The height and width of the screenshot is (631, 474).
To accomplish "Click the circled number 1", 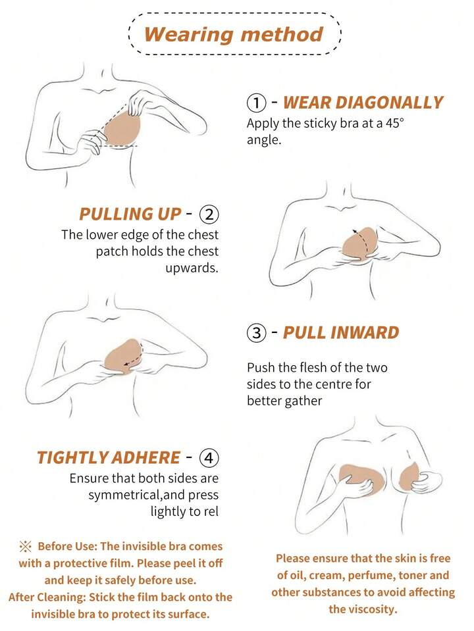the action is [256, 103].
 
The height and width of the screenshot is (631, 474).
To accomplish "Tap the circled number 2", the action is [209, 214].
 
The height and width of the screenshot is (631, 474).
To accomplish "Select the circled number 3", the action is [257, 333].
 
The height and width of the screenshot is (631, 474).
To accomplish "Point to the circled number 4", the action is [209, 457].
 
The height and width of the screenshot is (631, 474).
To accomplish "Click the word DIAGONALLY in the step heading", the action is [389, 103].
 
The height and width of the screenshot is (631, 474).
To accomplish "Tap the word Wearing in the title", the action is [188, 35].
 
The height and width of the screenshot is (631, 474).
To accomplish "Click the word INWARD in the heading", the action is [365, 333].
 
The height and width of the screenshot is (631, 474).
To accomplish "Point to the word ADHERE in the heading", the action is [145, 457].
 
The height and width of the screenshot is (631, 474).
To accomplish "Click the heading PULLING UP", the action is [130, 214].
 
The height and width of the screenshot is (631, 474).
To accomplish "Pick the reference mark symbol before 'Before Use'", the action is [25, 547].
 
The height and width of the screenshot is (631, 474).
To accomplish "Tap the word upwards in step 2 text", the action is [192, 268].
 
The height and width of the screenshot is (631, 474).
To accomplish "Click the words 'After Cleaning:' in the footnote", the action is [47, 597].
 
